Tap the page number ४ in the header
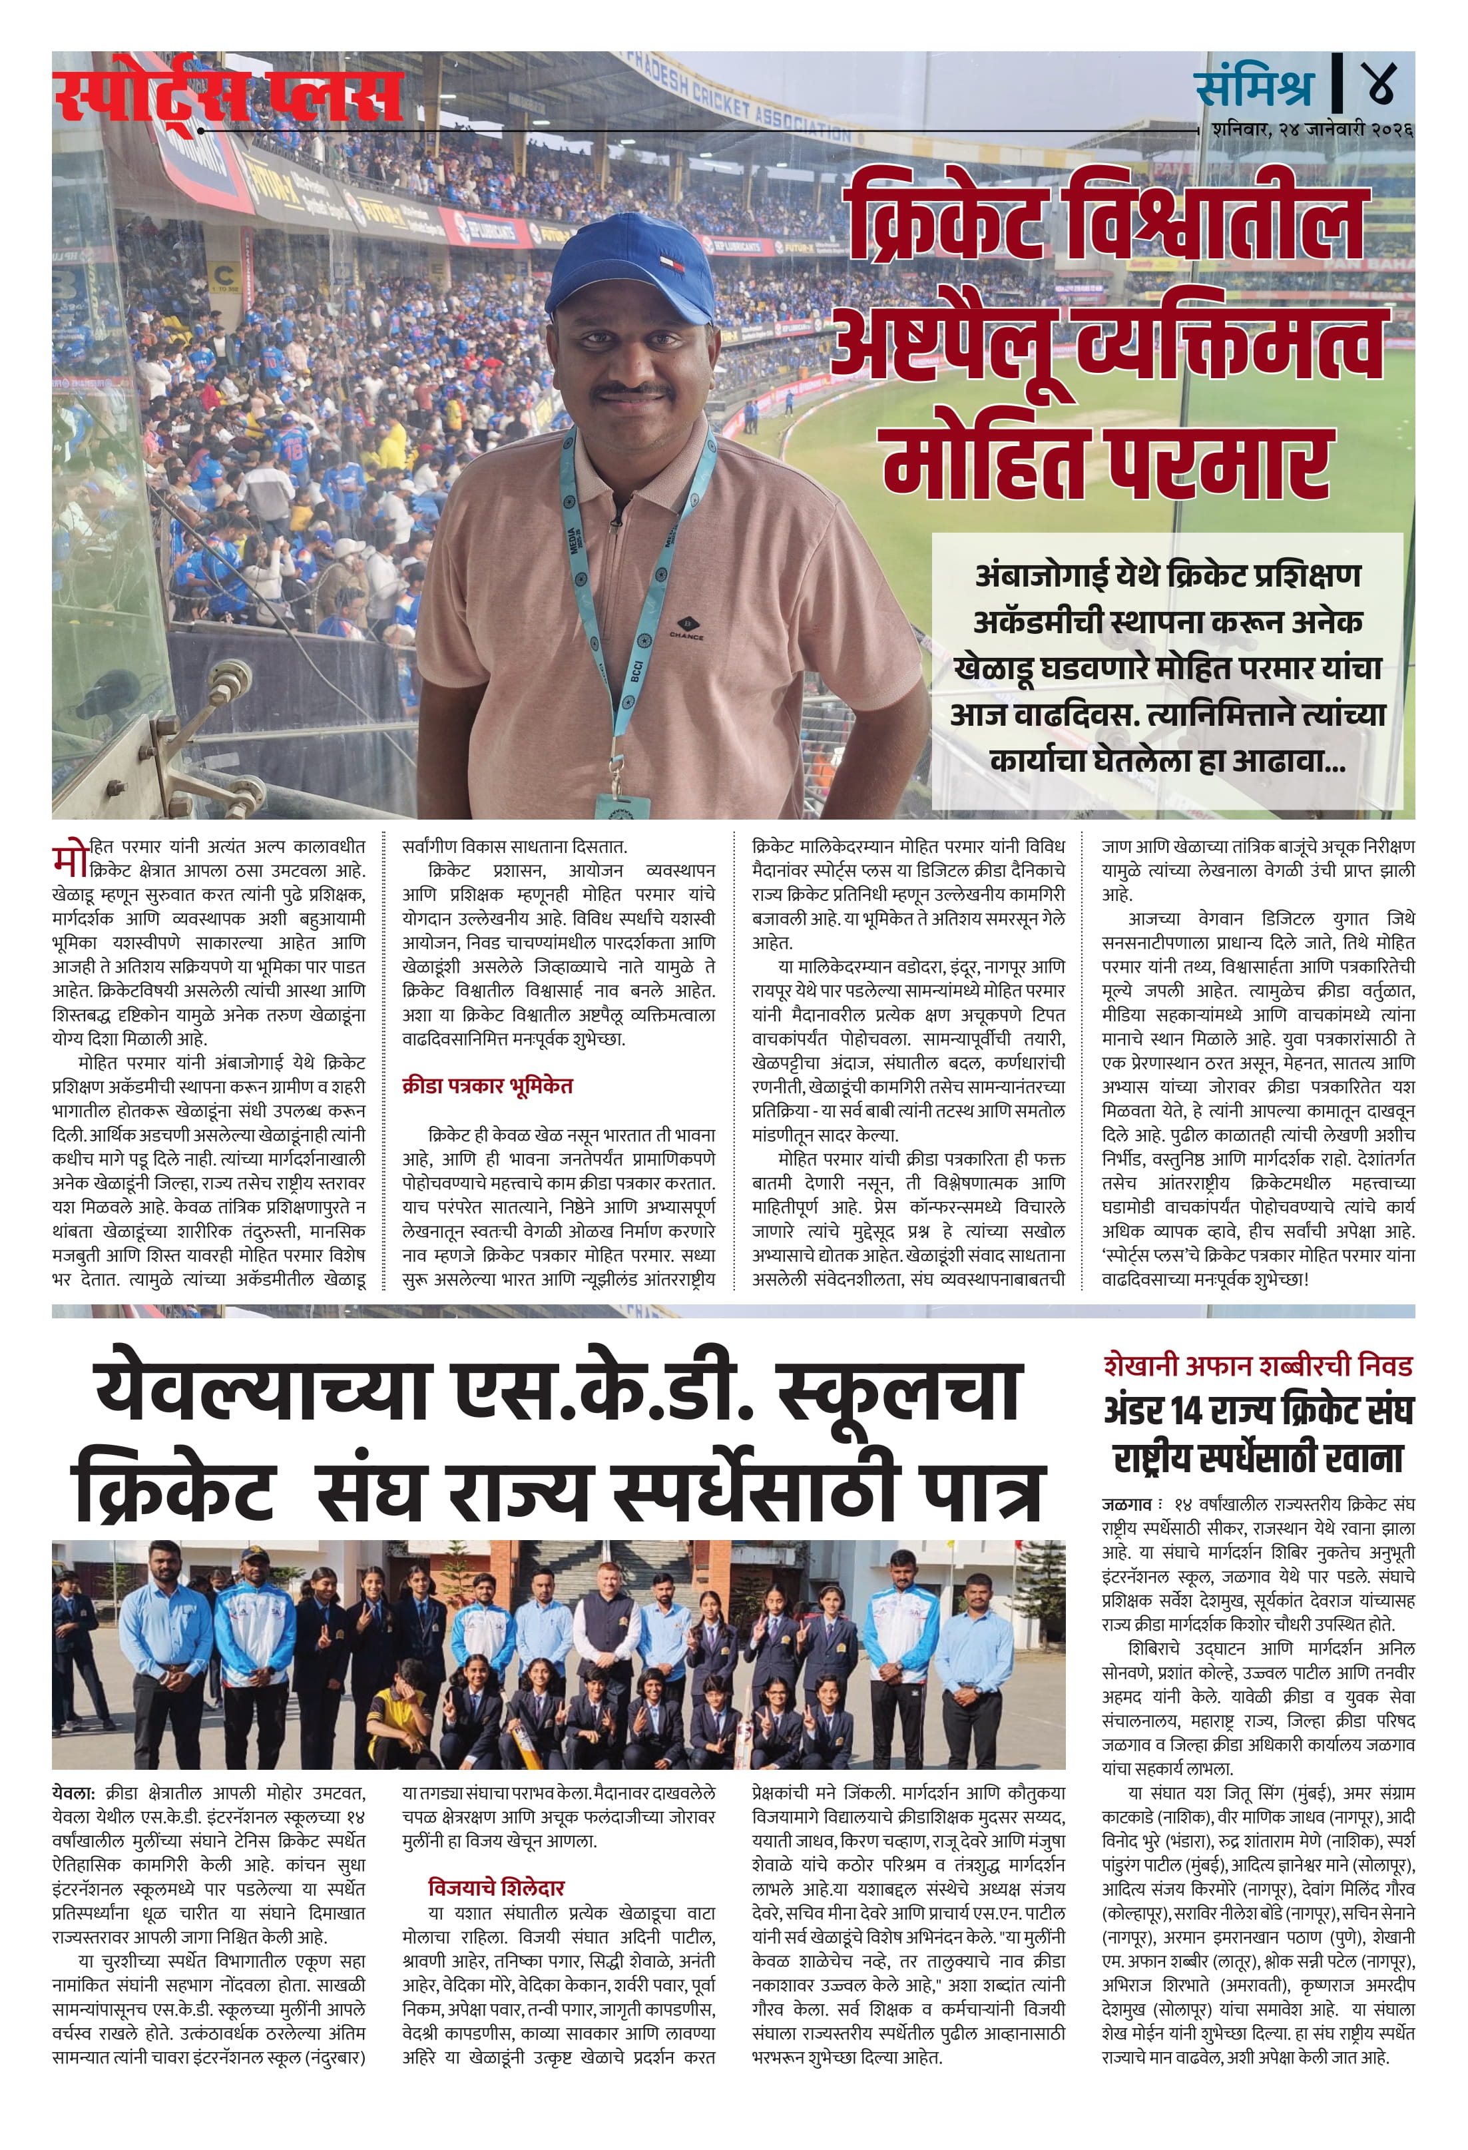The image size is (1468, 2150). (1377, 84)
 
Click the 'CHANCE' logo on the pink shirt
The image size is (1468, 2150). (686, 629)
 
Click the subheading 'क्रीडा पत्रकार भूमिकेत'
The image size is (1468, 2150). (487, 1085)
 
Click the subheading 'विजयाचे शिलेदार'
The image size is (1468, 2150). (496, 1887)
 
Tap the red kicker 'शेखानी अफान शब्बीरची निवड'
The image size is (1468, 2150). (1257, 1366)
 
